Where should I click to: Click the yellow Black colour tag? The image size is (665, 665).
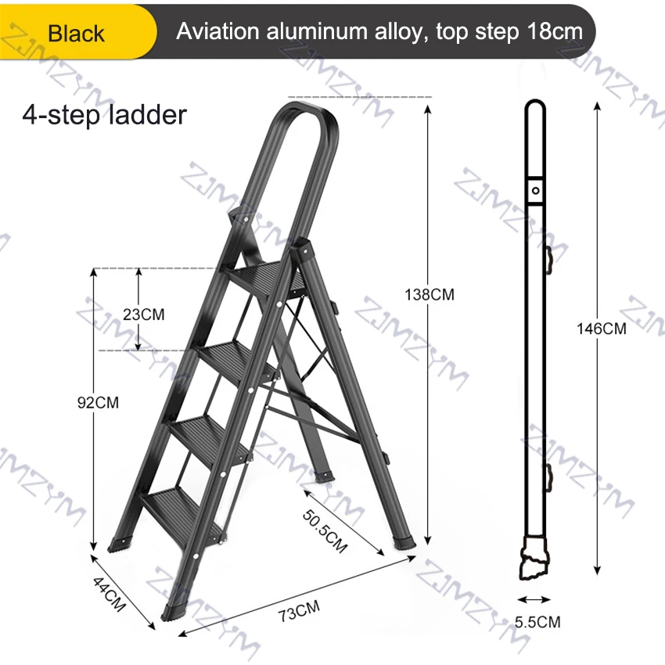[77, 32]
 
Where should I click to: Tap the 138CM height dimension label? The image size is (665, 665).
[430, 295]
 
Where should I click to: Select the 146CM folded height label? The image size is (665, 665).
[602, 329]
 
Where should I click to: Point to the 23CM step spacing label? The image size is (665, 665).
[144, 315]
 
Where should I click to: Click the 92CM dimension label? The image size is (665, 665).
[98, 402]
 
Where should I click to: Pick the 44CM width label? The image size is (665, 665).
[110, 594]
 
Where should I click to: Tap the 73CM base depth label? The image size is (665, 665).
[299, 611]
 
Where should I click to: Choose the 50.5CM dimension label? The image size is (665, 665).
[325, 532]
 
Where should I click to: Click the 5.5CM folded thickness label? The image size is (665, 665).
[537, 622]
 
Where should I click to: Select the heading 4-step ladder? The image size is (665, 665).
[104, 115]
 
